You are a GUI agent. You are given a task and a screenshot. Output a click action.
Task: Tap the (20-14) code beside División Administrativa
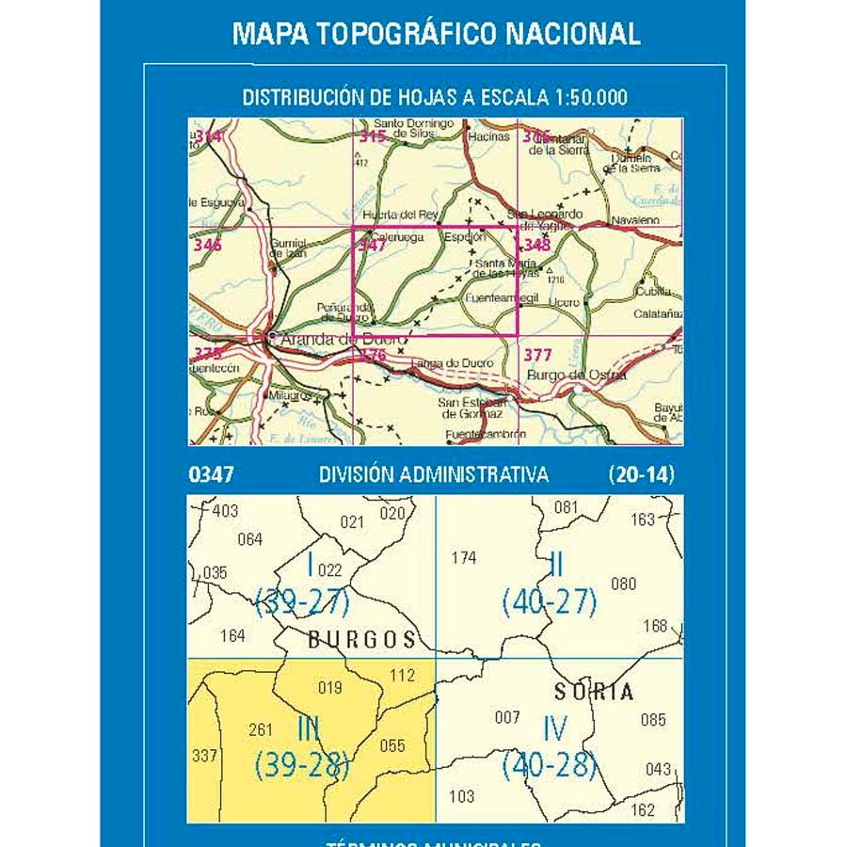click(642, 475)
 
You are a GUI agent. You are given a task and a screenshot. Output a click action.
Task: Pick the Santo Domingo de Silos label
click(408, 129)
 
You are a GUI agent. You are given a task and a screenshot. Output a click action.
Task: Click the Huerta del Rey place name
click(401, 214)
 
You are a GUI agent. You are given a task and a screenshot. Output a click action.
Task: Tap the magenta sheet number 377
click(536, 355)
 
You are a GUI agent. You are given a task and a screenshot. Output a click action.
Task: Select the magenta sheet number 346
click(207, 246)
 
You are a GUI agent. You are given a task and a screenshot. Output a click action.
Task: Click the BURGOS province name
click(362, 640)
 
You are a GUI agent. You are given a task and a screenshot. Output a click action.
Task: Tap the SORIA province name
click(593, 692)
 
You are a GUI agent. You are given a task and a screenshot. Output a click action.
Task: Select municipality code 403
click(226, 511)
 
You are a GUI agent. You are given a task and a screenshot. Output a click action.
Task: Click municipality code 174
click(464, 558)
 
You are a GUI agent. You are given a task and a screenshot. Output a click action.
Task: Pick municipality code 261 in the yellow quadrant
click(260, 729)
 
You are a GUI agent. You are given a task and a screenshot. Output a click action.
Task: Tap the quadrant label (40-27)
click(550, 601)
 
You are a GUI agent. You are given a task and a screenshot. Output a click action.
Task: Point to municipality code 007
click(507, 718)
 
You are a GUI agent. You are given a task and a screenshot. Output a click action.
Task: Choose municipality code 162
click(642, 808)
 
